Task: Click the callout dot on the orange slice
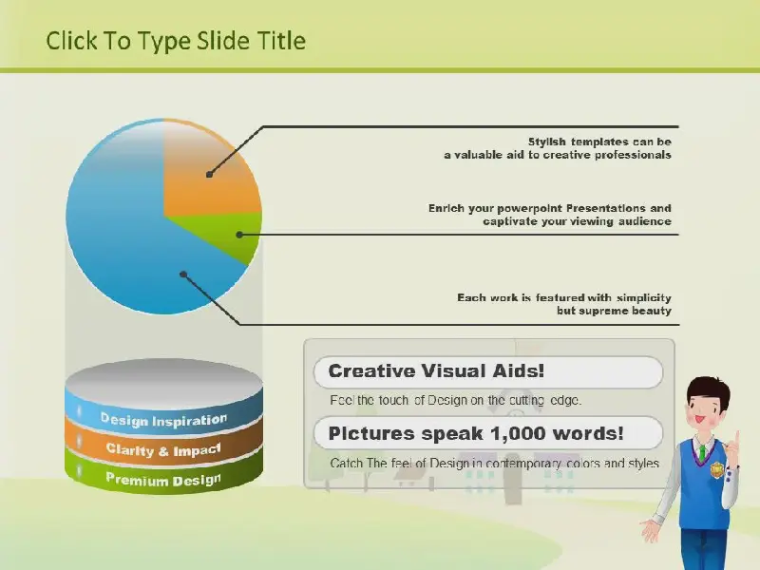209,175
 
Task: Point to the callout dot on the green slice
239,235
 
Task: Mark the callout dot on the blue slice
183,275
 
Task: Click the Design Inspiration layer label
163,420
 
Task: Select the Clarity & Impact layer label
163,449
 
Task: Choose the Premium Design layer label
163,480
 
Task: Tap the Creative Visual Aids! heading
436,371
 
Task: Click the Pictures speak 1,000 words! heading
476,433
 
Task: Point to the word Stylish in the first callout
547,142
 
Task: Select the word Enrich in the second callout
446,208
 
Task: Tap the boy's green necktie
701,452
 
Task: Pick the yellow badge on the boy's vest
716,469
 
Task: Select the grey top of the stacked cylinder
163,382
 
